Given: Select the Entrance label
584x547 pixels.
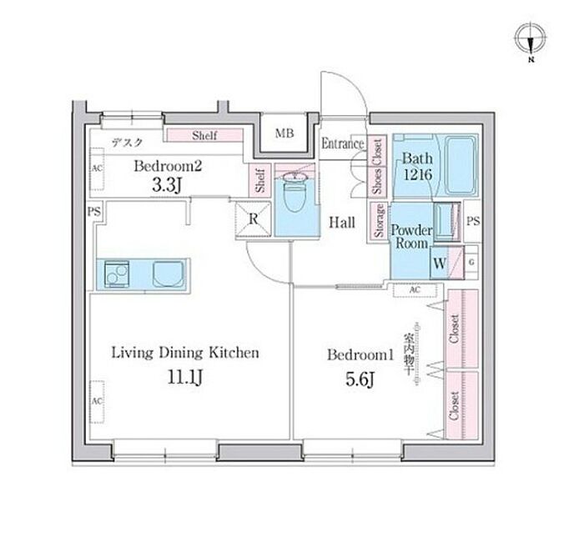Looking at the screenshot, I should tap(343, 143).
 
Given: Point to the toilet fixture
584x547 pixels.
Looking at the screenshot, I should tap(294, 196).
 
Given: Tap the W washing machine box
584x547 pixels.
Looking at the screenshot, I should tap(439, 263).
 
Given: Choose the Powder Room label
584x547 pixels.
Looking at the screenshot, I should tap(412, 236).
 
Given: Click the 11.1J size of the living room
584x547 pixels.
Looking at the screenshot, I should tap(186, 379).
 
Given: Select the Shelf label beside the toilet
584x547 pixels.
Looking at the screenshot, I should tap(260, 182).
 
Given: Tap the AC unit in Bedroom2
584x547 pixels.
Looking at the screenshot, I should tap(97, 167).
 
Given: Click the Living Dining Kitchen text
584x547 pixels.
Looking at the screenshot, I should tap(185, 353).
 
